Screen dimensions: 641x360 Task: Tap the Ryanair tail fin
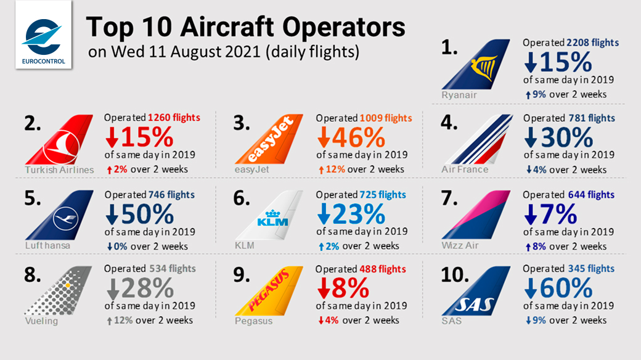[476, 64]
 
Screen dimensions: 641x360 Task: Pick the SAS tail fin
[476, 291]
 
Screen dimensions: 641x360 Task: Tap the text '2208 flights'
[592, 43]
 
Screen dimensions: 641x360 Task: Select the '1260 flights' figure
[174, 118]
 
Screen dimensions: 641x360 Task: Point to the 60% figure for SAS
[566, 288]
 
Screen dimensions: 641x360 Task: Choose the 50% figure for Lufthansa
[147, 214]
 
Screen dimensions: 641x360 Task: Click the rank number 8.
[33, 274]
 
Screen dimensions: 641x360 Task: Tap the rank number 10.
[455, 275]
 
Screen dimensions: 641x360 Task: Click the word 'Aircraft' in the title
[227, 27]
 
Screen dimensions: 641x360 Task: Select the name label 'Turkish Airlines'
[59, 170]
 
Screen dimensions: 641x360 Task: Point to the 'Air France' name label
[465, 170]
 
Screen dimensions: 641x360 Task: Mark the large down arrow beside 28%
[113, 289]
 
